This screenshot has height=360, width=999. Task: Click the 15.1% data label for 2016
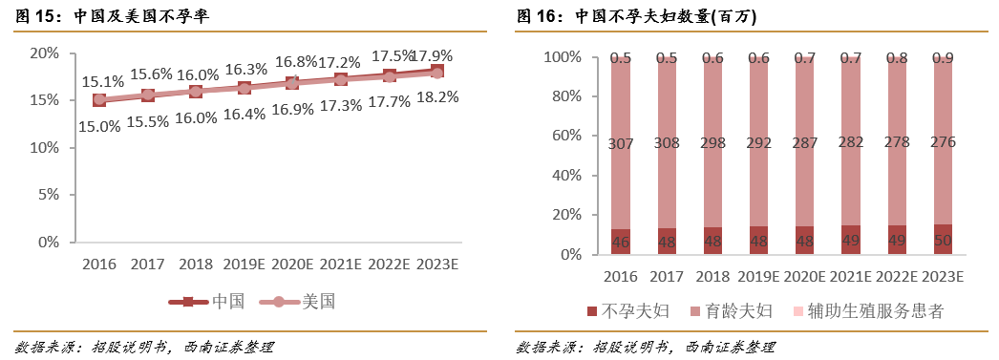pyautogui.click(x=102, y=82)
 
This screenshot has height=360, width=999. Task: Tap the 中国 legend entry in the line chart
pyautogui.click(x=207, y=302)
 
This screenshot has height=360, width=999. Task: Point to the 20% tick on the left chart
pyautogui.click(x=44, y=53)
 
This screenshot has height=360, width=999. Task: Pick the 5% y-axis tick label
pyautogui.click(x=48, y=195)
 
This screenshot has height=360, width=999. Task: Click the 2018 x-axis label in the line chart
pyautogui.click(x=195, y=264)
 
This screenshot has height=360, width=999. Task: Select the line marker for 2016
pyautogui.click(x=99, y=99)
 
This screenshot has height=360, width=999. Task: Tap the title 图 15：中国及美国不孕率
pyautogui.click(x=113, y=17)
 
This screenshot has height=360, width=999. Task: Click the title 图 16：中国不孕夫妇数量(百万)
pyautogui.click(x=632, y=17)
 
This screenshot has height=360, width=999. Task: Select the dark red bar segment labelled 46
pyautogui.click(x=621, y=242)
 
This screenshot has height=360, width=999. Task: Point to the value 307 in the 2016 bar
pyautogui.click(x=621, y=144)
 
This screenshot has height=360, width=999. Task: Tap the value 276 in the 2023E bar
pyautogui.click(x=942, y=143)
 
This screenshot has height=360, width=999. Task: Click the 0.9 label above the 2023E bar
pyautogui.click(x=942, y=58)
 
